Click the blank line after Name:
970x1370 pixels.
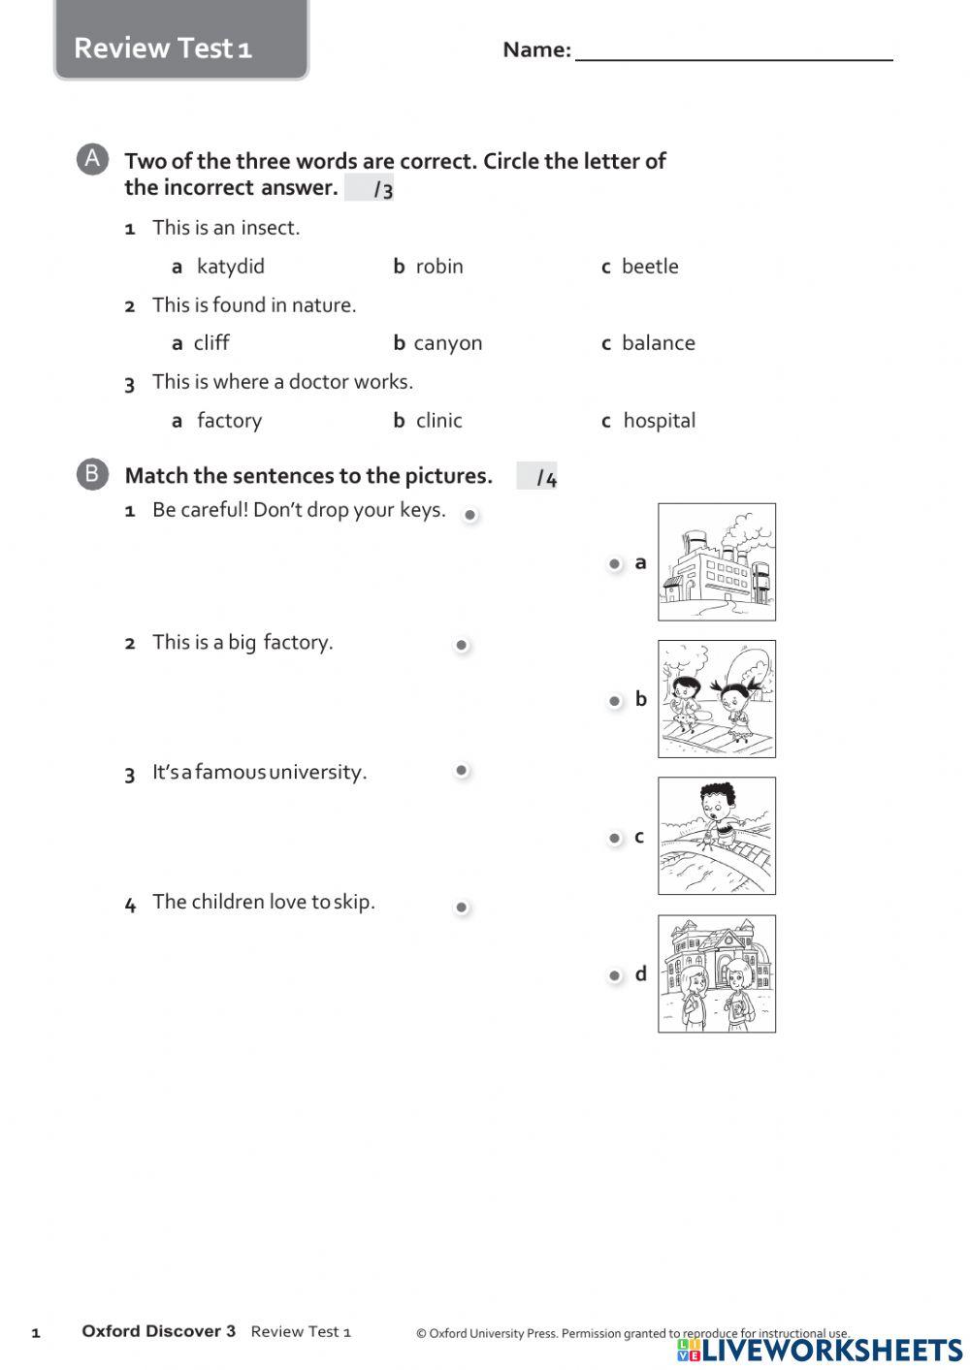click(733, 50)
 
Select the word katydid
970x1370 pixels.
click(230, 267)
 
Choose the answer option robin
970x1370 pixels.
click(438, 267)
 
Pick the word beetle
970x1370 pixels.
click(649, 267)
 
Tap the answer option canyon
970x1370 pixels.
click(447, 343)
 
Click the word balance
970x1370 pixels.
click(658, 343)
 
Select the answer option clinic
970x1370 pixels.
click(438, 421)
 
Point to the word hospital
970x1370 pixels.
click(659, 421)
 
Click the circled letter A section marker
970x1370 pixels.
click(92, 159)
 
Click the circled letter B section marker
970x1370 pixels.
click(92, 474)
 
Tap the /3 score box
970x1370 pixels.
click(371, 188)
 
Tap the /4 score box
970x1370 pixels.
click(537, 476)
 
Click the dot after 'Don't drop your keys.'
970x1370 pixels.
click(469, 515)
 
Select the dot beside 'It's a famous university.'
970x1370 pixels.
click(462, 771)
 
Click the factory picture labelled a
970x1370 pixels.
click(716, 561)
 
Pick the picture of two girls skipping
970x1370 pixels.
click(716, 698)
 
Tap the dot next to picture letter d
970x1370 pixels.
click(614, 975)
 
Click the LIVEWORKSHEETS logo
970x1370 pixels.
click(821, 1350)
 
